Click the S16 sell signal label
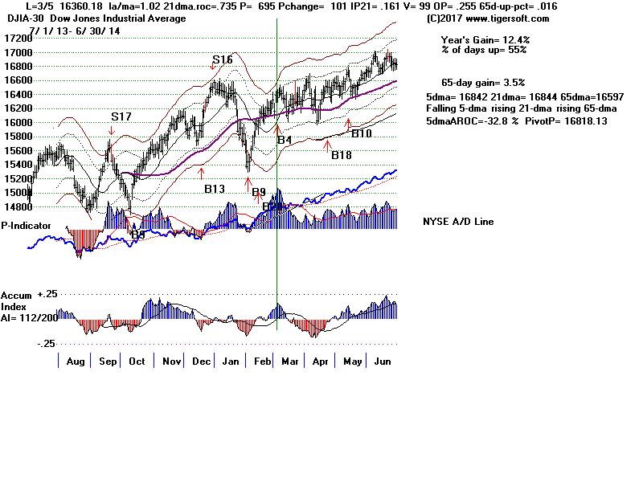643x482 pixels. [x=223, y=60]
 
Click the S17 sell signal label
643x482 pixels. [x=121, y=116]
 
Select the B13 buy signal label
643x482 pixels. [x=214, y=189]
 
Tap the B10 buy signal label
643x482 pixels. [x=362, y=133]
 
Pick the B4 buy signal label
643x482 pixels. [x=285, y=141]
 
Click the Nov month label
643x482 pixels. [x=171, y=361]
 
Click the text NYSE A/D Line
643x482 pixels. [x=458, y=222]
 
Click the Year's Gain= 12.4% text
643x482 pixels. [x=485, y=39]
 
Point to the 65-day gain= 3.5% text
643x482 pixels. [x=482, y=83]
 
